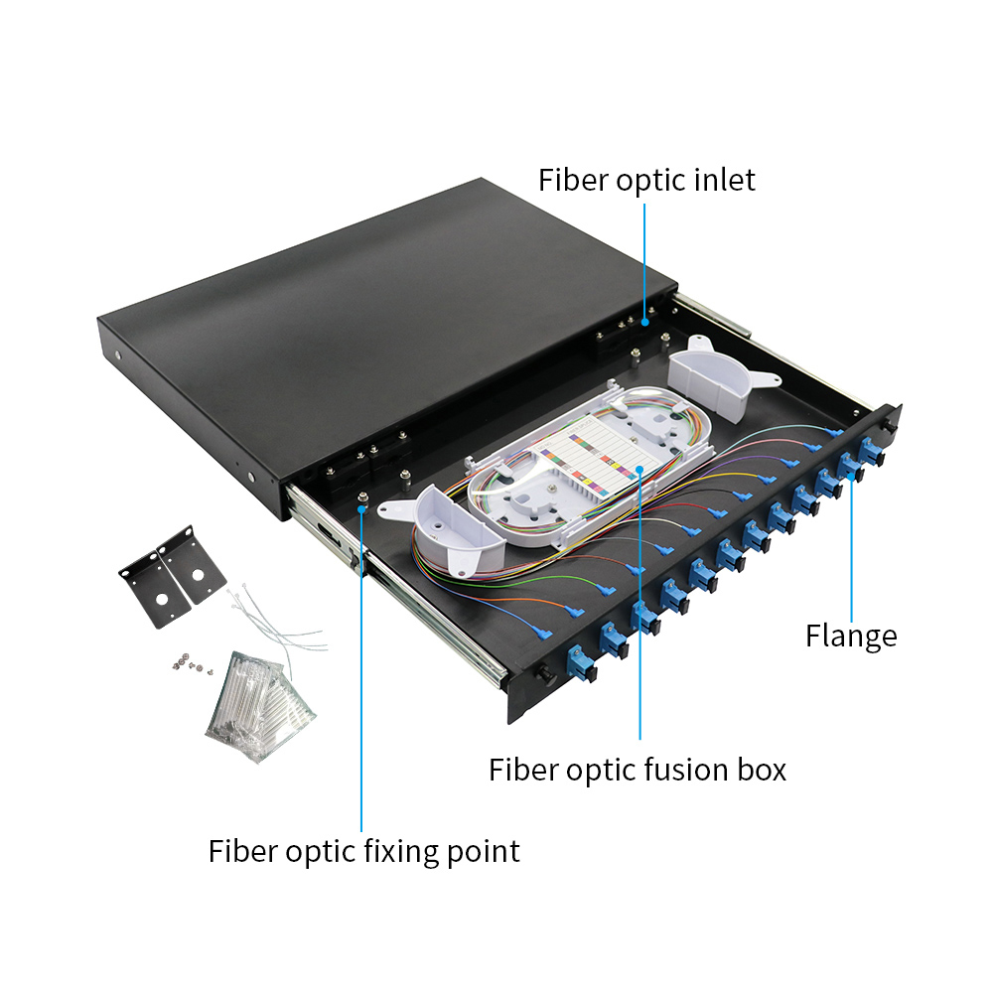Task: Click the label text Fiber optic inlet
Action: click(646, 180)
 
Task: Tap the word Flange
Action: click(851, 637)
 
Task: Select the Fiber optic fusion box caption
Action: click(638, 771)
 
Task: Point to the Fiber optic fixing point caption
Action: click(364, 852)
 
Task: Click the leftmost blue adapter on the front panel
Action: click(581, 662)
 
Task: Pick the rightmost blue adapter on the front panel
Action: click(872, 450)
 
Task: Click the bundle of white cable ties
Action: click(279, 624)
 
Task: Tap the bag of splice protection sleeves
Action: click(261, 706)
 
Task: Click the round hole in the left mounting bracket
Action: click(161, 599)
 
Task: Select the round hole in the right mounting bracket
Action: click(199, 575)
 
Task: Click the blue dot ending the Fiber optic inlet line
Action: click(644, 322)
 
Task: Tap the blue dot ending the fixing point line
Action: click(361, 508)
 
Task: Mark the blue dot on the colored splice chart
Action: click(640, 470)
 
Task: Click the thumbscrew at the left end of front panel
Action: click(544, 673)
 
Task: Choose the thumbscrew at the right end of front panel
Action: click(891, 426)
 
